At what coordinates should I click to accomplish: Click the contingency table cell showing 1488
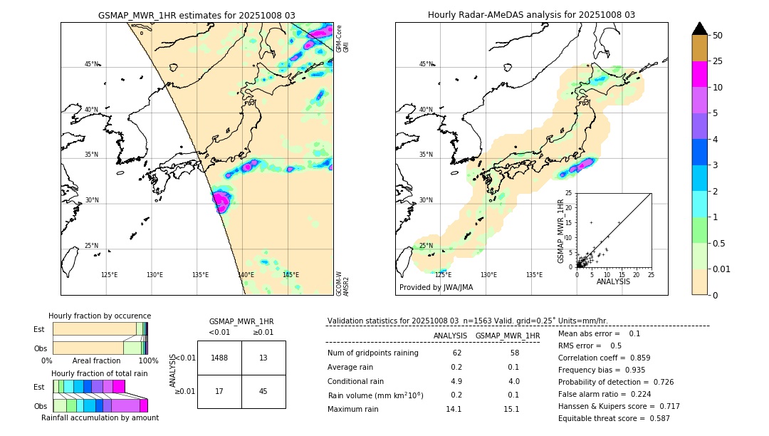[219, 358]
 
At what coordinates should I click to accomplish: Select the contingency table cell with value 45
[263, 391]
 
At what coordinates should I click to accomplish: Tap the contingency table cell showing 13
[263, 358]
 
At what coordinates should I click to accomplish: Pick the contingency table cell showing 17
[219, 391]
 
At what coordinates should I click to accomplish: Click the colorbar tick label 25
[718, 62]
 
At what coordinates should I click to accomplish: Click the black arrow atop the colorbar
[699, 28]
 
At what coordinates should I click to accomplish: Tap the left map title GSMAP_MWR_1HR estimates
[197, 15]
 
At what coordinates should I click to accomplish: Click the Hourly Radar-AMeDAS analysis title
[531, 15]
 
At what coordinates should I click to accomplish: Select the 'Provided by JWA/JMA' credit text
[436, 288]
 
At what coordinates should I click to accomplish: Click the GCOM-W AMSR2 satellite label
[342, 283]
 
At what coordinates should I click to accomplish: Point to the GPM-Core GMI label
[342, 38]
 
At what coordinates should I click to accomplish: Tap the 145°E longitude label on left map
[291, 275]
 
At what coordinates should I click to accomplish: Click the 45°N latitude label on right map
[426, 64]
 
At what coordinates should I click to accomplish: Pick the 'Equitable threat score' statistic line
[614, 418]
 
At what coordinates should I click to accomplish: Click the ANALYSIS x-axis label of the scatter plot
[613, 281]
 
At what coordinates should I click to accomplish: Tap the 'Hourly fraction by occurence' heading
[100, 316]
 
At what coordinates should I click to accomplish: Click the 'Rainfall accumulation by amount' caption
[100, 417]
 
